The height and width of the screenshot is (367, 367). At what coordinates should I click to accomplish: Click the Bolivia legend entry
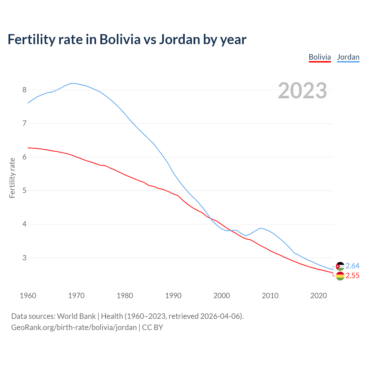point(320,57)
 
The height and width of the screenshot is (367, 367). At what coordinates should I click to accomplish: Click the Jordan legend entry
point(348,57)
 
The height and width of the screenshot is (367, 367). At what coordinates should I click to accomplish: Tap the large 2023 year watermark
point(302,91)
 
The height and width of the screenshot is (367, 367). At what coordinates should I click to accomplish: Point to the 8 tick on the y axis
point(24,90)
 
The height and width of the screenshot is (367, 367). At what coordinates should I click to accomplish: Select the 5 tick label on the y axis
point(24,191)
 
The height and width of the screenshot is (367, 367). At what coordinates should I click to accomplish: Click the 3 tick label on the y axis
point(24,258)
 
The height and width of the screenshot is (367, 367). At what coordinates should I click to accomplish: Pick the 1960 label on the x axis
point(28,296)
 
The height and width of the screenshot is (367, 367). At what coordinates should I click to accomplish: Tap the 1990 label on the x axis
point(173,296)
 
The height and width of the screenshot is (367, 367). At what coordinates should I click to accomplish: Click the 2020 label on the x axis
point(319,296)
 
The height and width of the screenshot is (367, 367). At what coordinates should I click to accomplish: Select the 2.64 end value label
point(352,266)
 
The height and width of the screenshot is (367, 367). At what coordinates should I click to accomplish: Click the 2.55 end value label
point(352,276)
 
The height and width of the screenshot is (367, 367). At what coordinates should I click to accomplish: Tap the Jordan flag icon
point(340,266)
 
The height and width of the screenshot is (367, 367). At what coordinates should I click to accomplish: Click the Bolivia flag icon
point(340,276)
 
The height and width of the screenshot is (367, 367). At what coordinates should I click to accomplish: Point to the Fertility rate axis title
point(12,178)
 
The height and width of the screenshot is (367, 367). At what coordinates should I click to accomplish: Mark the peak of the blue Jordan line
point(71,83)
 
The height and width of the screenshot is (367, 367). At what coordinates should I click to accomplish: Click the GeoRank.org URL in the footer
point(74,327)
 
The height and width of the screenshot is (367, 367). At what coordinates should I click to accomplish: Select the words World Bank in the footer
point(76,316)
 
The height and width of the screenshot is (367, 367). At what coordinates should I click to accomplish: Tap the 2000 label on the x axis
point(222,296)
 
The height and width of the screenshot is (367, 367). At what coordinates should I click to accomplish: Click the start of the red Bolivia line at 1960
point(28,148)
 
